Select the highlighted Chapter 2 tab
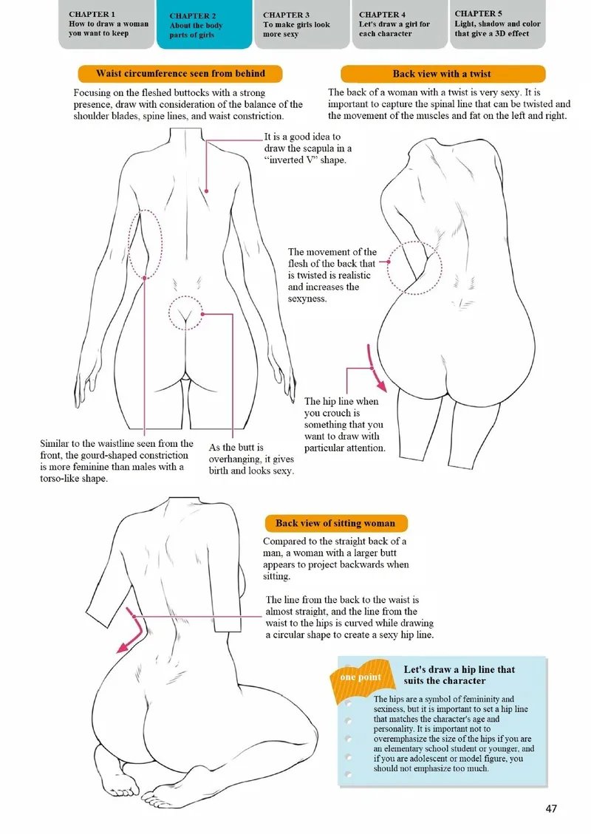[x=204, y=25]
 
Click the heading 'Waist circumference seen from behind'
[x=180, y=73]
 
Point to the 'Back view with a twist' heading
[x=442, y=74]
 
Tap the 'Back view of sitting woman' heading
[x=335, y=524]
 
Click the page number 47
[x=551, y=808]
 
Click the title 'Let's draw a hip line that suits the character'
[x=459, y=675]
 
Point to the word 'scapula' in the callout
[x=321, y=148]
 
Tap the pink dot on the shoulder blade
[x=206, y=191]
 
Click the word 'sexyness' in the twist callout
[x=307, y=299]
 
